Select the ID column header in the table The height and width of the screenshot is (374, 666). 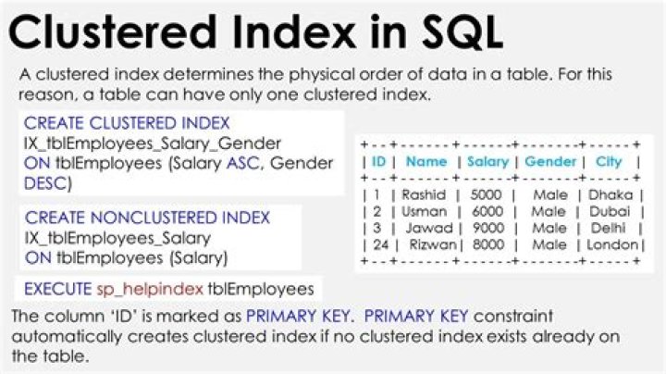pyautogui.click(x=378, y=162)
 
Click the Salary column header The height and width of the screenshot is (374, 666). pyautogui.click(x=487, y=162)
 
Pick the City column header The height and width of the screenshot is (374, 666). pyautogui.click(x=609, y=162)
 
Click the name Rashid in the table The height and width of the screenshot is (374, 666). pyautogui.click(x=425, y=195)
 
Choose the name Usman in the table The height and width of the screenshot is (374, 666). pyautogui.click(x=425, y=212)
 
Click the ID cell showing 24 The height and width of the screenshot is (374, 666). pyautogui.click(x=378, y=245)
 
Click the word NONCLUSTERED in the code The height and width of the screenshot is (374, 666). pyautogui.click(x=139, y=218)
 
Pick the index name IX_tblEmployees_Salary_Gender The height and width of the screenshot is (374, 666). pyautogui.click(x=139, y=143)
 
